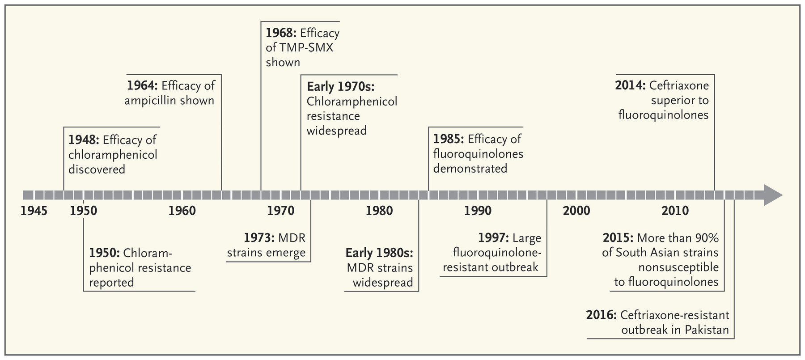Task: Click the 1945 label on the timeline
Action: point(34,211)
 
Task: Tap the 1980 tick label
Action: point(379,211)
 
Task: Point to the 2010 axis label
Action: point(675,211)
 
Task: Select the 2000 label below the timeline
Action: point(576,211)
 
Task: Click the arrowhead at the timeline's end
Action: point(772,195)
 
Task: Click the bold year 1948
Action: point(83,140)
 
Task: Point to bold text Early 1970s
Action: point(340,86)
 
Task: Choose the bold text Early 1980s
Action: point(379,253)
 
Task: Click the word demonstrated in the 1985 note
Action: point(470,169)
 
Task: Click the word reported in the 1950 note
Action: point(111,283)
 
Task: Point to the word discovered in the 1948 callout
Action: point(97,169)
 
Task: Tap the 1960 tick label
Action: point(182,211)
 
